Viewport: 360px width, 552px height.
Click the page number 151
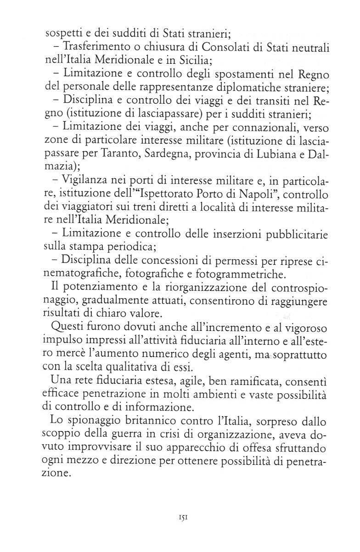[x=180, y=516]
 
